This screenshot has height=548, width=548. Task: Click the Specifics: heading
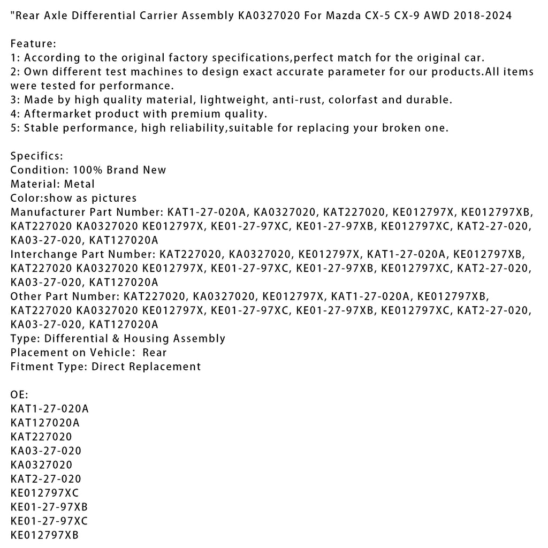(37, 156)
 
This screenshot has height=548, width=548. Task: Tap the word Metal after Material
(79, 184)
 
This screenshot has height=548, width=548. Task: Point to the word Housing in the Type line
(148, 338)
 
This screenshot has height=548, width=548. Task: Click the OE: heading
(19, 394)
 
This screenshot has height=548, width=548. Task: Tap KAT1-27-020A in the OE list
(49, 409)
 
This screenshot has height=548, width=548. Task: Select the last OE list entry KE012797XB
(44, 535)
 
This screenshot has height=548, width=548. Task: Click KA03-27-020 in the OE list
(46, 451)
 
